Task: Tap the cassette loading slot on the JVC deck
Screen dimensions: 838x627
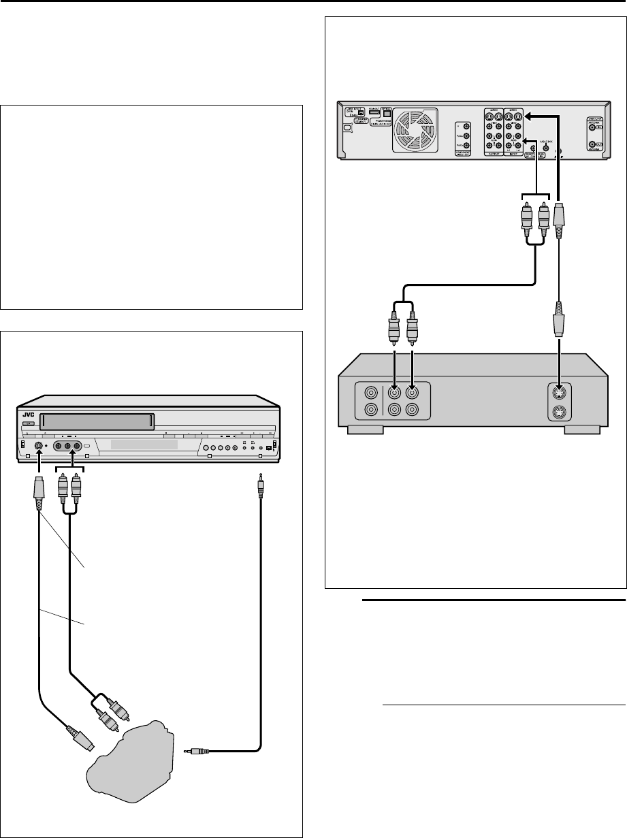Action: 95,422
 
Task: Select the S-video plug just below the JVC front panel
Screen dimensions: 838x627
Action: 39,490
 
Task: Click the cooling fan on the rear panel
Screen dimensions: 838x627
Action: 413,129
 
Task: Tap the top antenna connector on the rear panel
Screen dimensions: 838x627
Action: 598,127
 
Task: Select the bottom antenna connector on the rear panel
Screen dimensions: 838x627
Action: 598,145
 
